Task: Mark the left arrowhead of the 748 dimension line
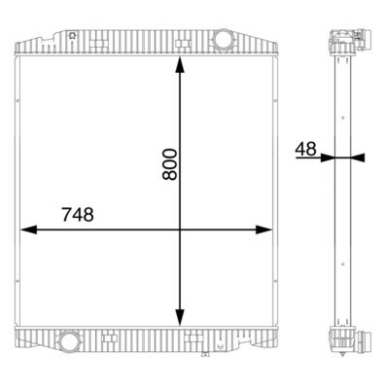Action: coord(27,230)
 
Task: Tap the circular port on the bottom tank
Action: coord(69,342)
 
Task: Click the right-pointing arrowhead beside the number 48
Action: coord(329,157)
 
